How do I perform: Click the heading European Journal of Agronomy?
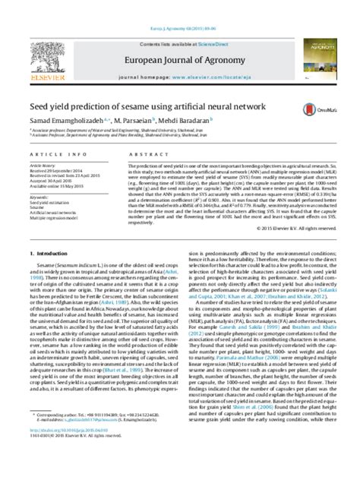tap(179, 35)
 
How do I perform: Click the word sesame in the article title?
tap(148, 89)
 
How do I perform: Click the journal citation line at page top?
tap(179, 5)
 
